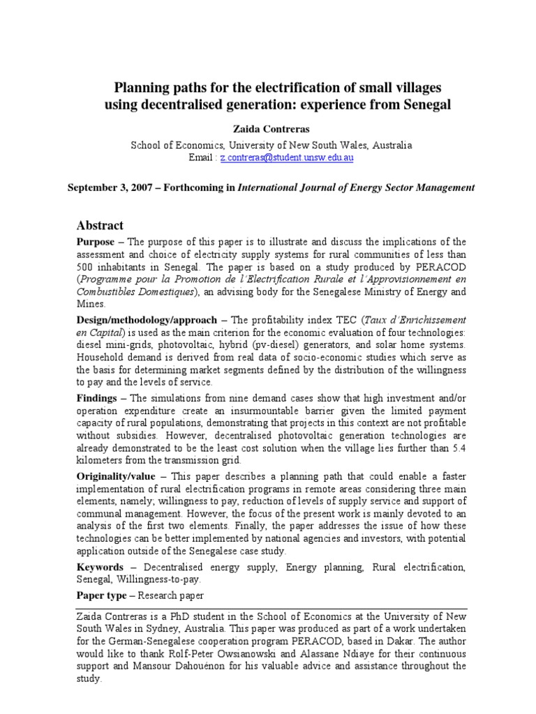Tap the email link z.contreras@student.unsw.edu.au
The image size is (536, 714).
click(287, 158)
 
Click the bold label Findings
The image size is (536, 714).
click(98, 397)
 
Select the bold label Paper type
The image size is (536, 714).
click(102, 596)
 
